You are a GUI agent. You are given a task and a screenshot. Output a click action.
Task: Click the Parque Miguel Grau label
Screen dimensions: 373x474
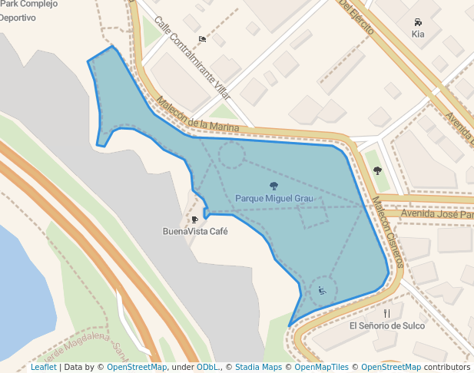tap(273, 199)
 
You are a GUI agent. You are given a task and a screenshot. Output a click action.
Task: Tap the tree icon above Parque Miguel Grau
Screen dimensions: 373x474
tap(273, 186)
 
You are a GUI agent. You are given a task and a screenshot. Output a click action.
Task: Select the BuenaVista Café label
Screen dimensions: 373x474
tap(195, 231)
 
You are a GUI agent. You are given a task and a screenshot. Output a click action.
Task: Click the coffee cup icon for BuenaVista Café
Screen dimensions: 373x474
tap(195, 220)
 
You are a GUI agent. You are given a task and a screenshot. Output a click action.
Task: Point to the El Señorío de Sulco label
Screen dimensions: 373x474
tap(386, 325)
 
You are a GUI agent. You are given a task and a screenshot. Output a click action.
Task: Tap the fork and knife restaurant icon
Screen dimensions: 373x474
tap(386, 313)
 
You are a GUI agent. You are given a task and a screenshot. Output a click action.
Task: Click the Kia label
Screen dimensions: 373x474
tap(418, 34)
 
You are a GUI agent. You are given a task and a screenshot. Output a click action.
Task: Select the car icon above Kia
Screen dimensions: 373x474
tap(418, 22)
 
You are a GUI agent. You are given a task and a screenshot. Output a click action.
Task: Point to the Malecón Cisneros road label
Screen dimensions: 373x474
tap(388, 229)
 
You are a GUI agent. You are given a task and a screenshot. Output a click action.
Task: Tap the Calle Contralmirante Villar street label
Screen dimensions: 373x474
tap(192, 58)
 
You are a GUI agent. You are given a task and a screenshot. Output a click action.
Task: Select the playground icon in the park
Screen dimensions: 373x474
tap(322, 290)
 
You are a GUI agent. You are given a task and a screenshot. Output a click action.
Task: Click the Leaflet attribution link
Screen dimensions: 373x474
tap(43, 367)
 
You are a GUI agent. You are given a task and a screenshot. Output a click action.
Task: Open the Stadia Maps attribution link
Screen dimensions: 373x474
tap(258, 367)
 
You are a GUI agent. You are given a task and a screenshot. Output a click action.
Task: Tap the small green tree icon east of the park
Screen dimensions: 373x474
tap(377, 170)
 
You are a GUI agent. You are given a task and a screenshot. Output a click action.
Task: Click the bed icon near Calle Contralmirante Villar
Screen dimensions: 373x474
tap(202, 39)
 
